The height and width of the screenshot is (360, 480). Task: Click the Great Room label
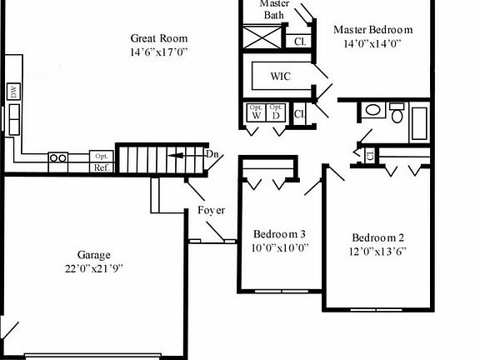(x=158, y=38)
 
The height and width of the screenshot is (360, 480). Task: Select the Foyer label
(x=211, y=211)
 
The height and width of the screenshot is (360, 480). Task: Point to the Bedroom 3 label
(x=274, y=233)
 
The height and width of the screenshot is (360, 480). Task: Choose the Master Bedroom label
(x=373, y=30)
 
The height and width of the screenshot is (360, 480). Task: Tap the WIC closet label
(x=280, y=76)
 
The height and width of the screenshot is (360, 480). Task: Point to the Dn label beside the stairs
(x=212, y=154)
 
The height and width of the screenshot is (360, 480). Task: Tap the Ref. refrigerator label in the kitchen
(x=101, y=167)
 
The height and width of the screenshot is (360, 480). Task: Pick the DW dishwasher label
(x=14, y=92)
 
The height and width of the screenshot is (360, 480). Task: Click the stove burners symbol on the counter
(x=58, y=157)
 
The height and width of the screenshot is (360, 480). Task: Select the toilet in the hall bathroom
(x=397, y=114)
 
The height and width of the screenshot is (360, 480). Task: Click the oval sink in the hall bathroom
(x=372, y=109)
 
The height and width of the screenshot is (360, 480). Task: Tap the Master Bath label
(x=274, y=9)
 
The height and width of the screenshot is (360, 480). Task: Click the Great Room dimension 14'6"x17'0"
(x=158, y=52)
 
